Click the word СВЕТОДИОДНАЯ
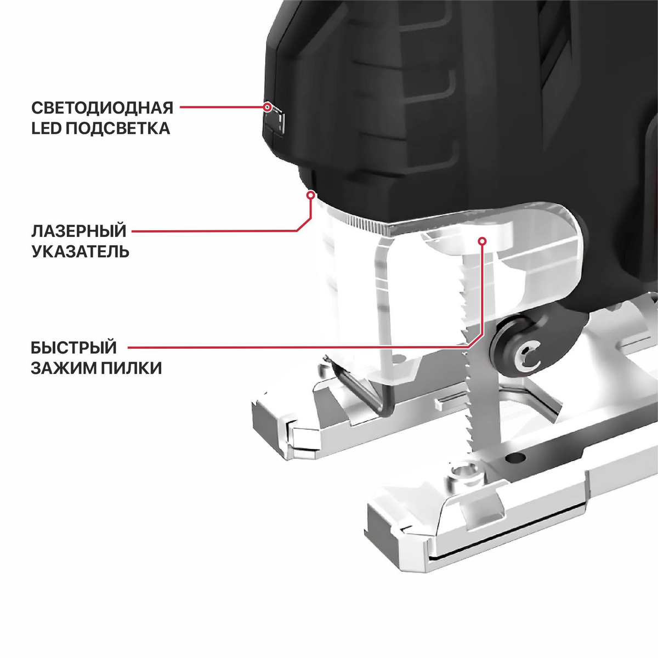coord(102,108)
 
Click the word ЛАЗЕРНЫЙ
coord(79,231)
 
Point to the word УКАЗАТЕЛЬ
coord(81,252)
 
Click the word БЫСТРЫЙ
coord(74,348)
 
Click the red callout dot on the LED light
coord(268,107)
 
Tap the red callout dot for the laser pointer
coord(310,195)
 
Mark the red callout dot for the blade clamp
coord(482,241)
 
